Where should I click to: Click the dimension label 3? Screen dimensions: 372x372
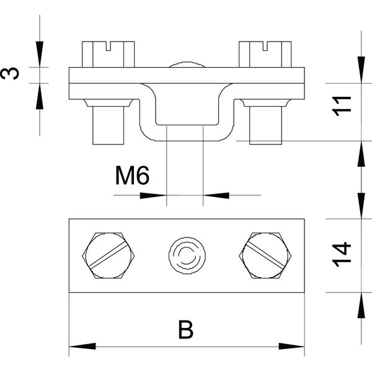(x=10, y=73)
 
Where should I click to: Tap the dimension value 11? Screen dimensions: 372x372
(x=342, y=106)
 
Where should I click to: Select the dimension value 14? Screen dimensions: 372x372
(x=342, y=255)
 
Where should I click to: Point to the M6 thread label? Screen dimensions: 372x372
(x=132, y=175)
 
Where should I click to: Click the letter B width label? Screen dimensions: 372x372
(x=186, y=330)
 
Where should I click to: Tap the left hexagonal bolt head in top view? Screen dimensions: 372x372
(x=108, y=255)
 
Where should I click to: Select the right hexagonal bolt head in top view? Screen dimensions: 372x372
(x=265, y=255)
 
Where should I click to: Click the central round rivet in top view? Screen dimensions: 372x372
(x=187, y=255)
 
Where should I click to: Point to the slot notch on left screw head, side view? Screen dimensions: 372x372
(x=108, y=46)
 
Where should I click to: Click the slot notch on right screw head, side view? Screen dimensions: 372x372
(x=265, y=46)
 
